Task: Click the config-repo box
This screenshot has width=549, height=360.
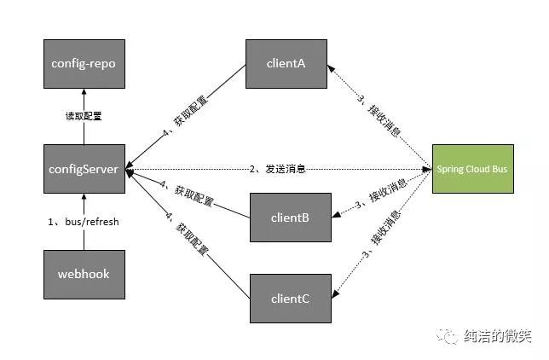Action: click(84, 64)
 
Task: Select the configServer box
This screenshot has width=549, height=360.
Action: click(84, 169)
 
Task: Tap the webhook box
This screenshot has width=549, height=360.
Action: click(84, 274)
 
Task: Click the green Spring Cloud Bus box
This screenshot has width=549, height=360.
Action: click(472, 169)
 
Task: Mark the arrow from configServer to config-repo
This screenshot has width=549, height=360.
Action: click(84, 107)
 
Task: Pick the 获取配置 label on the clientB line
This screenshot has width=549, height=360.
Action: click(191, 195)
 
